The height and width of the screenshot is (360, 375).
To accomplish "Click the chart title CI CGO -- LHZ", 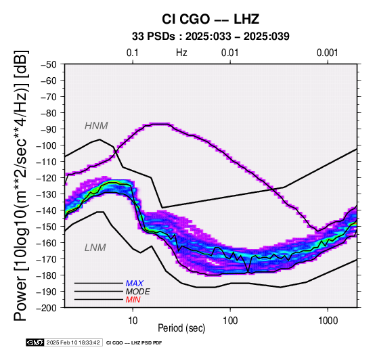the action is [x=211, y=19].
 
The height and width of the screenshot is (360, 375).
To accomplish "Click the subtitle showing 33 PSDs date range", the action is [x=211, y=37].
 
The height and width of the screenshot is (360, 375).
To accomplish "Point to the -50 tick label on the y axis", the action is [x=49, y=64].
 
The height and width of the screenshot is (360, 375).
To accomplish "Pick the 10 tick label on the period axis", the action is [x=133, y=321].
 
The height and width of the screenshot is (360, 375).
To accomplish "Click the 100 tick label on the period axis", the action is [x=230, y=321].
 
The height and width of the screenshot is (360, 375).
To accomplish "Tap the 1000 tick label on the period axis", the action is [x=328, y=321].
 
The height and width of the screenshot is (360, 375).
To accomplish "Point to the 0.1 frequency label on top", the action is [x=133, y=53].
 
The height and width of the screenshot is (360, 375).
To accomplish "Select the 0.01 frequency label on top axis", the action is [x=230, y=53].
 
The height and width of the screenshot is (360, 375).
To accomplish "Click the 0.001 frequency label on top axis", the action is [x=328, y=53].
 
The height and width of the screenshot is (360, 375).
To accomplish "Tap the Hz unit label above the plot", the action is [x=181, y=53].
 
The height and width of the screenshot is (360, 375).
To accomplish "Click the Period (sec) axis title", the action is [x=181, y=328].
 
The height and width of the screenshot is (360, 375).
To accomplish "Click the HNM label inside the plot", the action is [x=96, y=126].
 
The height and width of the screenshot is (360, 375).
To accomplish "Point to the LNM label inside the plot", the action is [x=95, y=248].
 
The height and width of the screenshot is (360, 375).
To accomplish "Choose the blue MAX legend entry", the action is [x=135, y=284].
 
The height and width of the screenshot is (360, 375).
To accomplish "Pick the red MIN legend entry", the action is [x=133, y=300].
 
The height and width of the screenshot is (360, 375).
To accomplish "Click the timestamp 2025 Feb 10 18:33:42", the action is [x=73, y=343].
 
